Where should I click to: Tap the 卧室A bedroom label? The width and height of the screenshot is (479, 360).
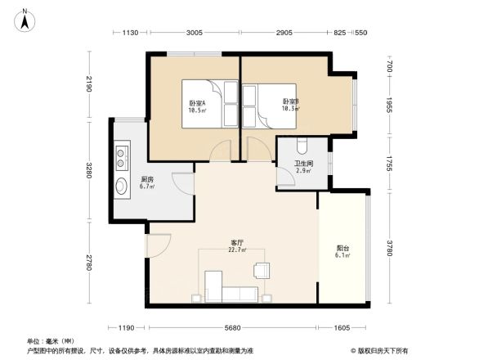pos(197,106)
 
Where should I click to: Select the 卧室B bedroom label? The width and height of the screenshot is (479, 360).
pos(290,104)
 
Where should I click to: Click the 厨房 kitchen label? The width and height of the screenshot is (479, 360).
pos(148,182)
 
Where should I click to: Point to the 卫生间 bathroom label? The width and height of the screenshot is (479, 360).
pos(303,167)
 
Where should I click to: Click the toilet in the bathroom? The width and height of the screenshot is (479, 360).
pos(302,147)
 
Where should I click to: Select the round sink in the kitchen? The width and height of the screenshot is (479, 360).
pos(122,186)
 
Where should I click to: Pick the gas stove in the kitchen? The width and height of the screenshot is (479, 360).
pos(122,152)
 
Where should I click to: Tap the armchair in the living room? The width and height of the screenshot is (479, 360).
pos(262,271)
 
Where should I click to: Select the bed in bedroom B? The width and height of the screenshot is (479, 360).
pos(262,105)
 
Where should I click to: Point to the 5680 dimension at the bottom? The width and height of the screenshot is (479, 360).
pos(234,327)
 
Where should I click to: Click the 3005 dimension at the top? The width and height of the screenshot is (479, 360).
pos(194,34)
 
